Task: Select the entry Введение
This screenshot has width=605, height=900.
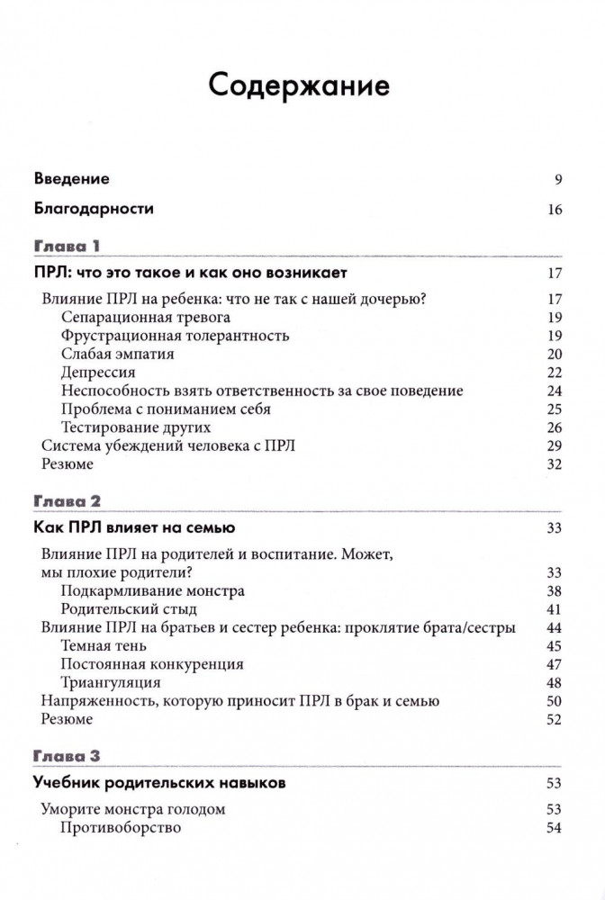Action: [71, 179]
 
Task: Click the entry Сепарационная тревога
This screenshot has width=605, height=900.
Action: [146, 318]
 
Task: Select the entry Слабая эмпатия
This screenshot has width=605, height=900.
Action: [118, 354]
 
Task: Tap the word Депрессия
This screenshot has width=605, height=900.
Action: [99, 373]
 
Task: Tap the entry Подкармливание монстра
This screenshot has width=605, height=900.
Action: [153, 591]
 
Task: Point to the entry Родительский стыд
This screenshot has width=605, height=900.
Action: [128, 609]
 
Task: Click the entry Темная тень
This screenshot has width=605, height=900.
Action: [104, 646]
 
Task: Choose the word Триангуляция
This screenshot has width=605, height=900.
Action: [110, 682]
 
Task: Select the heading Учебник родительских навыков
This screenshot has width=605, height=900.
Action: [160, 783]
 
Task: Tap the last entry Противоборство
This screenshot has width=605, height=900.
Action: [122, 827]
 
